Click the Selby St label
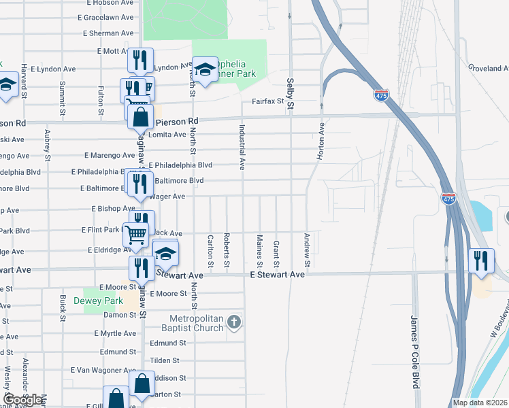point(290,94)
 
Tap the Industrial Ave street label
point(242,146)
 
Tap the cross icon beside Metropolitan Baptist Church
point(234,321)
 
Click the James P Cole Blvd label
point(414,351)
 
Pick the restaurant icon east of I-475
point(482,261)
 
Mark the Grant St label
point(276,253)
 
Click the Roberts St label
point(227,251)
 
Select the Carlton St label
point(210,251)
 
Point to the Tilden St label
point(164,360)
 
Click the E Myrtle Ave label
point(114,333)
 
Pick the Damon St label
point(120,315)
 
